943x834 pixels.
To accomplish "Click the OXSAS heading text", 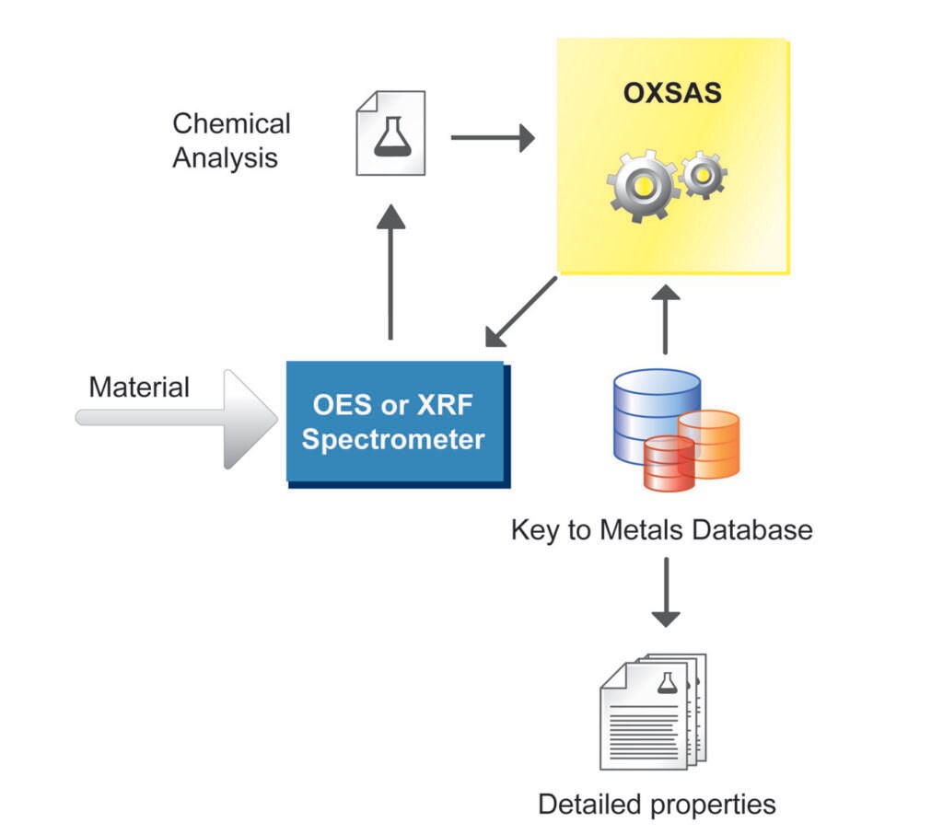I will pos(672,95).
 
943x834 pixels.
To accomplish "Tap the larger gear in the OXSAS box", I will pos(643,187).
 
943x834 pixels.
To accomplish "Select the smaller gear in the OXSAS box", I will pos(704,173).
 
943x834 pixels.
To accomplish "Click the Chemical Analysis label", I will pos(231,140).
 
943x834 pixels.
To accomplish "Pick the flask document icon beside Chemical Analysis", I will pos(390,133).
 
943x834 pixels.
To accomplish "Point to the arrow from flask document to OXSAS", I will pos(492,138).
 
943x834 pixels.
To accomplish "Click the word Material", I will pos(139,387).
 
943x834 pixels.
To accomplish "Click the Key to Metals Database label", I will pos(661,530).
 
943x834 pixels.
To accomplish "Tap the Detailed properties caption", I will pos(657,804).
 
